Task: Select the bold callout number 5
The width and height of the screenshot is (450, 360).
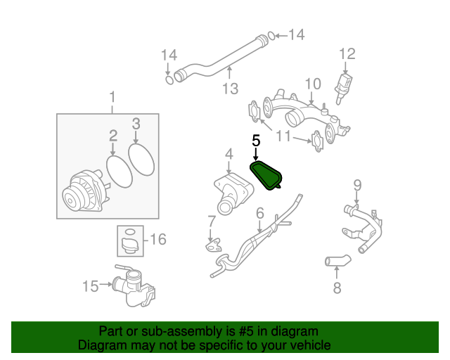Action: (x=256, y=141)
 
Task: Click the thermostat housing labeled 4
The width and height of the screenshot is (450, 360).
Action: (x=233, y=193)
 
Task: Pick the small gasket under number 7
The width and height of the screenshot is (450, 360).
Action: (x=213, y=245)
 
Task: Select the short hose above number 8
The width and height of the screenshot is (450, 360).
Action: (x=337, y=260)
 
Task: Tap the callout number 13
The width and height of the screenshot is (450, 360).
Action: (x=231, y=89)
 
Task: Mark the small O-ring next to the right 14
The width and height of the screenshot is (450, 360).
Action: (x=271, y=36)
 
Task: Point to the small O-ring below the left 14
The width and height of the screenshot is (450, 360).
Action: (x=170, y=80)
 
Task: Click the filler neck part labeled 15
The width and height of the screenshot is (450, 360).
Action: (x=135, y=285)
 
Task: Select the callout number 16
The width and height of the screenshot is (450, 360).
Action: (x=158, y=239)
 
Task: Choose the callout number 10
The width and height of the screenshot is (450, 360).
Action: (x=313, y=84)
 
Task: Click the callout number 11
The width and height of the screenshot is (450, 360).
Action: (x=283, y=136)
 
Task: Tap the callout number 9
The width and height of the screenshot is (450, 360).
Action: (x=357, y=186)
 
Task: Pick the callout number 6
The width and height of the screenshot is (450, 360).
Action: (x=260, y=214)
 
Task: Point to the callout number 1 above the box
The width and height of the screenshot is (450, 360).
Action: (x=112, y=97)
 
